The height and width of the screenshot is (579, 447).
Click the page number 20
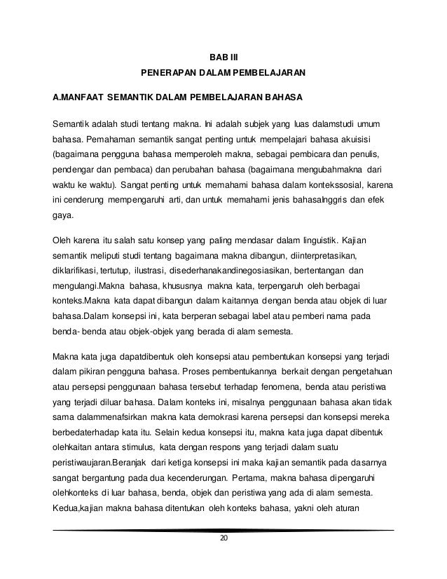point(224,538)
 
